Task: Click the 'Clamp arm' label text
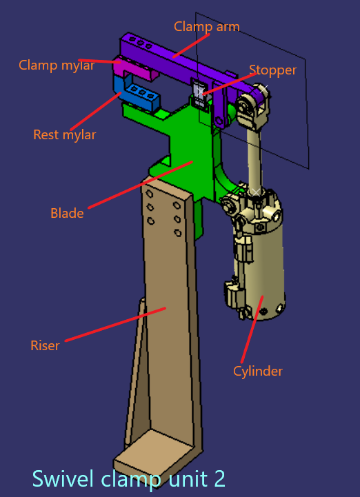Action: coord(206,27)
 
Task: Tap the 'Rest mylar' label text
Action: coord(64,134)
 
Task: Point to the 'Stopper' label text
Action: coord(272,70)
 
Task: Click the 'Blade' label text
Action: coord(67,213)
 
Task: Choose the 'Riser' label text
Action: coord(45,345)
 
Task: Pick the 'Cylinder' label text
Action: coord(258,371)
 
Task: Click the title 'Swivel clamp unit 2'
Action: coord(129,478)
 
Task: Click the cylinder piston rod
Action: coord(252,159)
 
